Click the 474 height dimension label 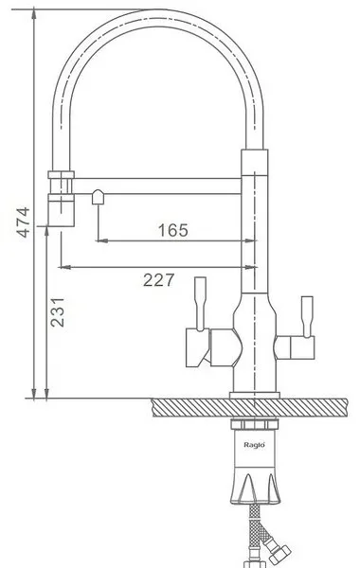tap(24, 222)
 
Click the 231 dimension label tap(57, 312)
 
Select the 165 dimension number tap(173, 230)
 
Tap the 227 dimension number tap(158, 279)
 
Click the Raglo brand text tap(254, 445)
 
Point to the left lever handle tap(201, 304)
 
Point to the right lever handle tap(307, 316)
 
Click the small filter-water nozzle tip tap(98, 198)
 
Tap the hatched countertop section tap(249, 407)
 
